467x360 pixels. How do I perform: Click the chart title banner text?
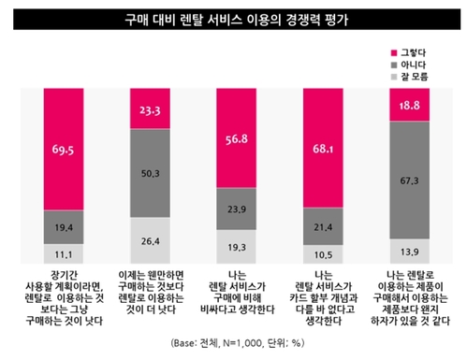pyautogui.click(x=232, y=18)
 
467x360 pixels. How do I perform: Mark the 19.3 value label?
pyautogui.click(x=235, y=245)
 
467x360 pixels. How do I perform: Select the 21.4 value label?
pyautogui.click(x=321, y=227)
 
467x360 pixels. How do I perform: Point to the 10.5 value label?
pyautogui.click(x=321, y=253)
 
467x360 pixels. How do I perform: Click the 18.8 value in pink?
pyautogui.click(x=408, y=106)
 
